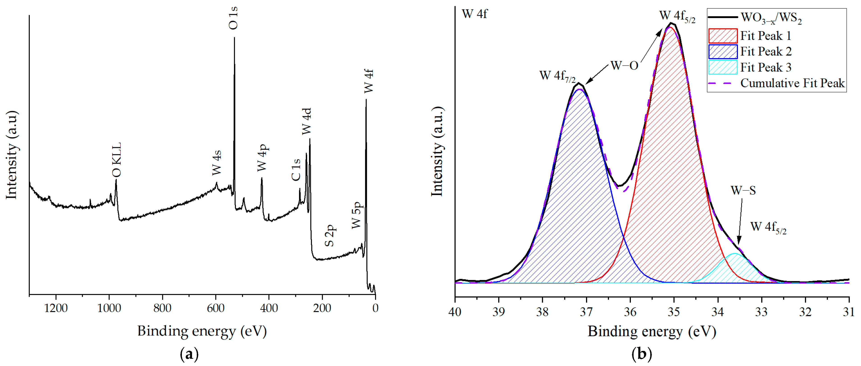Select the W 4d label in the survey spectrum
tap(307, 121)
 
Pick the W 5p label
tap(357, 215)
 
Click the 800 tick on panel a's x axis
tap(163, 308)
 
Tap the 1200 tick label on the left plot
tap(56, 308)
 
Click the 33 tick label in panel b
tap(761, 312)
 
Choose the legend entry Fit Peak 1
tap(766, 35)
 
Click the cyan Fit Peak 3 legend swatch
tap(723, 67)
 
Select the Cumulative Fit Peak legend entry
tap(792, 83)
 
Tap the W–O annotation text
tap(624, 65)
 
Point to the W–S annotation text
tap(743, 190)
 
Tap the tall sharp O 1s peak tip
tap(234, 38)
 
